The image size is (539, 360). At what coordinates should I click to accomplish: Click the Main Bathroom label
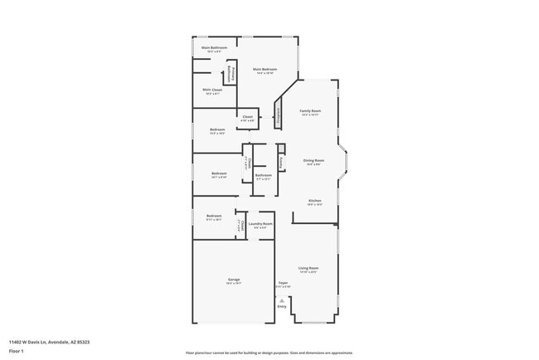click(214, 48)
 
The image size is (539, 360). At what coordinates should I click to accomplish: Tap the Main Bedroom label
click(264, 70)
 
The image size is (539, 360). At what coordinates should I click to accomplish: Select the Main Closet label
click(211, 90)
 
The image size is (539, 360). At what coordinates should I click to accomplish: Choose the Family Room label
click(310, 111)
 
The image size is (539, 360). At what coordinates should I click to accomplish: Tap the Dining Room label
click(313, 161)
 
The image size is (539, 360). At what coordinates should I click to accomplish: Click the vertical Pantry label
click(281, 162)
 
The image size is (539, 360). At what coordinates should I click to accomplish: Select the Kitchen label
click(315, 201)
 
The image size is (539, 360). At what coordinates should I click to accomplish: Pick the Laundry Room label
click(260, 224)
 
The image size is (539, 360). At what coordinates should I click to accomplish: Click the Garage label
click(233, 280)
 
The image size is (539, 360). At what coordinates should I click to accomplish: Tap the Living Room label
click(308, 269)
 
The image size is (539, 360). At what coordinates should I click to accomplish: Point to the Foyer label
click(282, 284)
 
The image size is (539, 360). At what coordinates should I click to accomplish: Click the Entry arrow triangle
click(282, 300)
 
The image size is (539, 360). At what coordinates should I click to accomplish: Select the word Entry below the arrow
click(282, 307)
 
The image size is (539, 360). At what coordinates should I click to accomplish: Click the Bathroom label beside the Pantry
click(263, 175)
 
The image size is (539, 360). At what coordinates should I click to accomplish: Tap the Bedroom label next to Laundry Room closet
click(214, 216)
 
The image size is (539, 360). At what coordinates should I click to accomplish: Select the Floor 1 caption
click(17, 351)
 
